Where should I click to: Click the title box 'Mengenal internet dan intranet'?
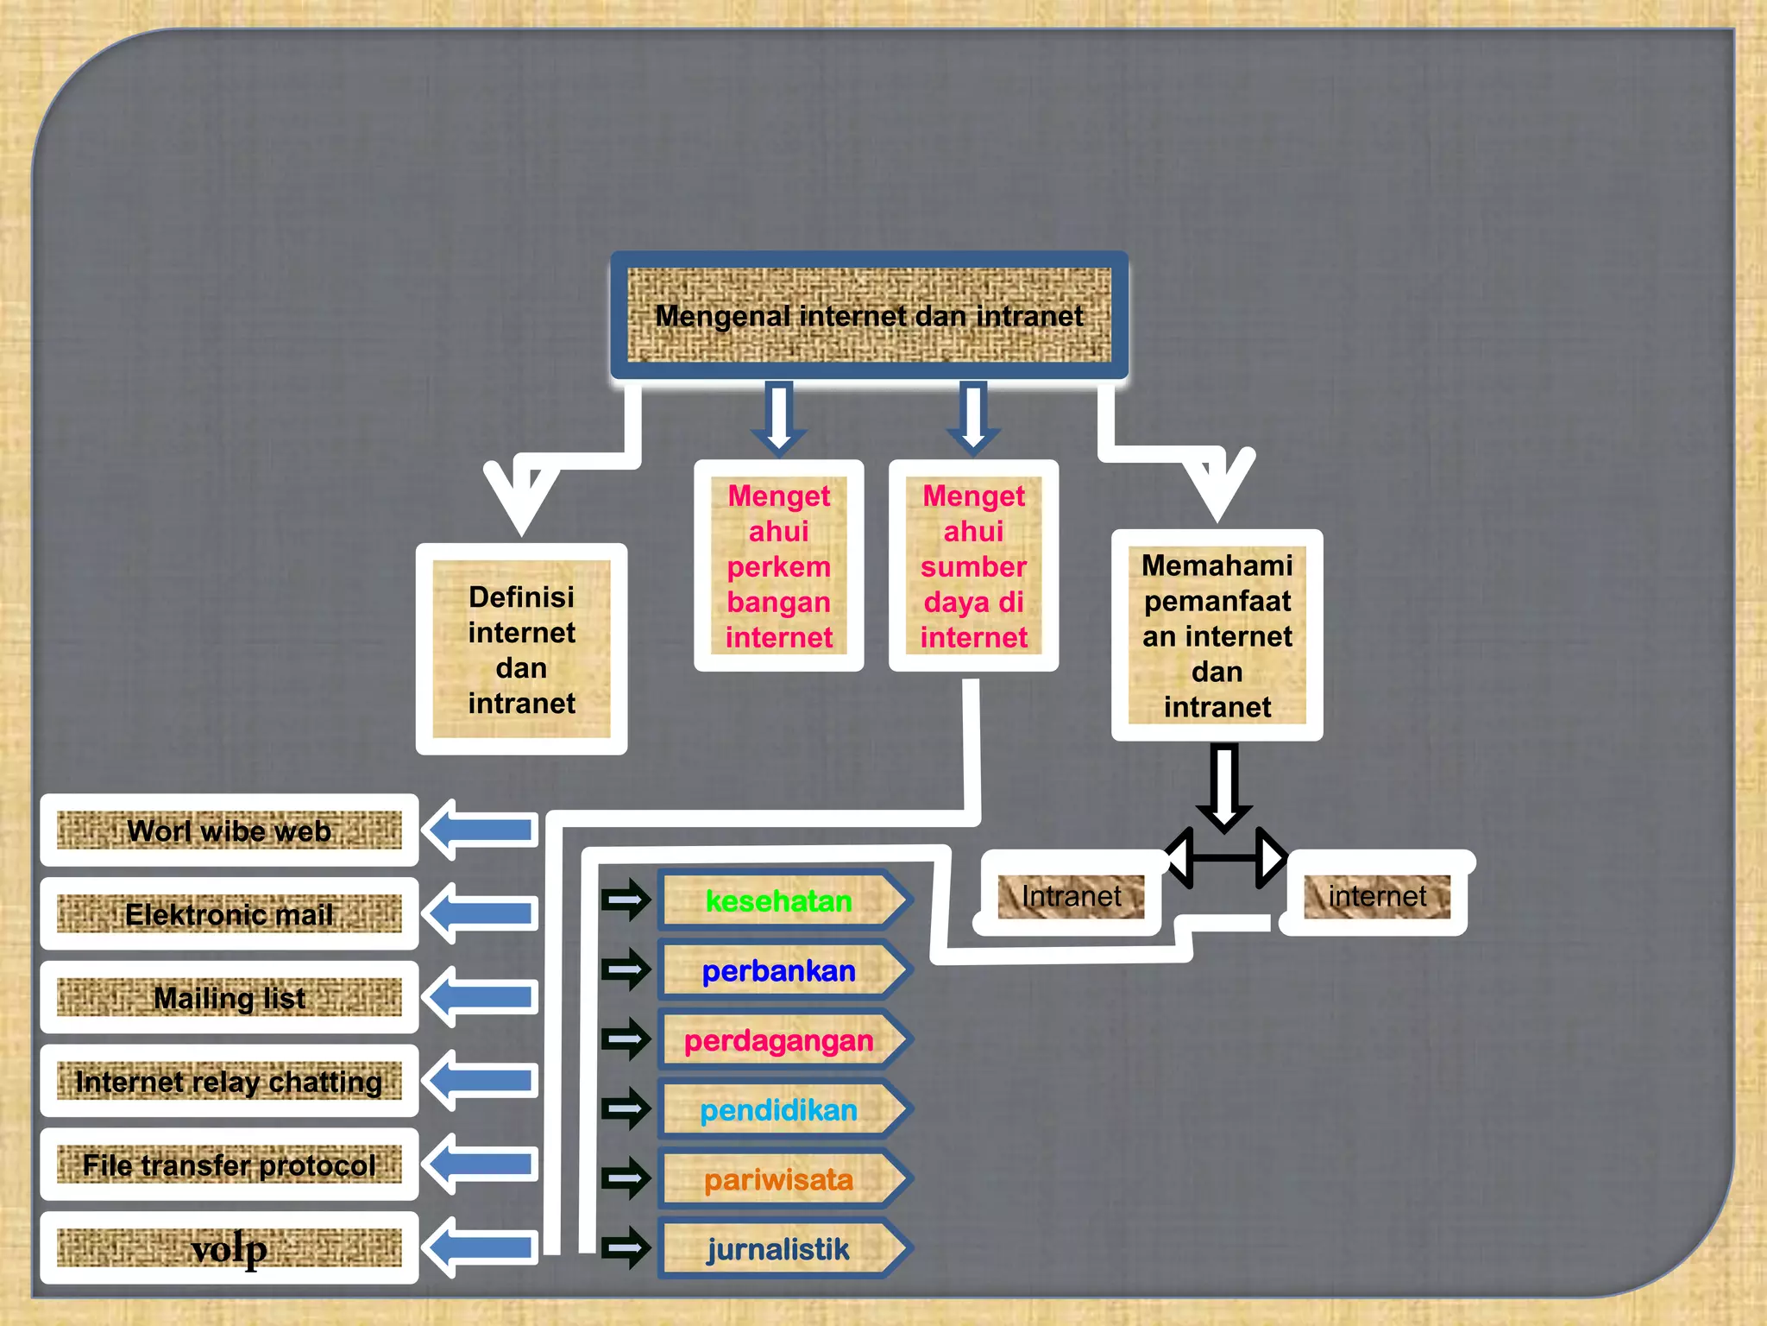pos(869,316)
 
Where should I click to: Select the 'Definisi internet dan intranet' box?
pos(521,649)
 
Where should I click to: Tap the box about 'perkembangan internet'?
pos(778,566)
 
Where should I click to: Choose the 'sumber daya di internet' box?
pos(973,566)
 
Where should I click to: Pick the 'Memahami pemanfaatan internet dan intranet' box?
pos(1217,635)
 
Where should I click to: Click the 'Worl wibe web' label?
pos(230,830)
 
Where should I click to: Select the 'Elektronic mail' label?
pos(230,914)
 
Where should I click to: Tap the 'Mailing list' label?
pos(230,998)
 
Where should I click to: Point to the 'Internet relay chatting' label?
pos(230,1082)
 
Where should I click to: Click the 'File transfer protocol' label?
pos(230,1165)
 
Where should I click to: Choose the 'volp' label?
pos(230,1248)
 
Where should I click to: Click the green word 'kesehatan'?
pos(778,901)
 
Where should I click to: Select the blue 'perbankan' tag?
pos(778,971)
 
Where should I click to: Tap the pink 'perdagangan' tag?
pos(778,1041)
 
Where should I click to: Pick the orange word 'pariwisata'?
pos(778,1180)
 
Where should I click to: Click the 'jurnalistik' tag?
pos(778,1249)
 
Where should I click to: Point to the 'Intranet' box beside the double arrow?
pos(1071,896)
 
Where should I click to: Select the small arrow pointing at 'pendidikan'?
pos(626,1109)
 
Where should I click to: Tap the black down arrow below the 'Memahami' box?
pos(1223,787)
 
